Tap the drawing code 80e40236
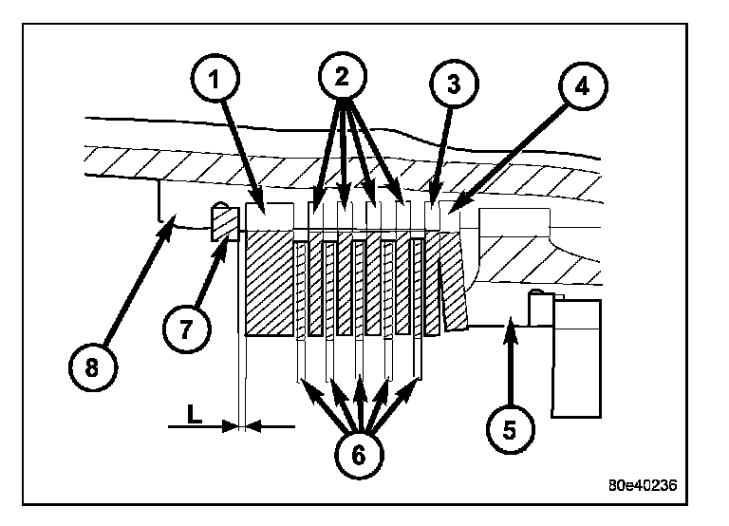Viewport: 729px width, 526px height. click(643, 483)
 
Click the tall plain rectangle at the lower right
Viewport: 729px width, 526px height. click(577, 358)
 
